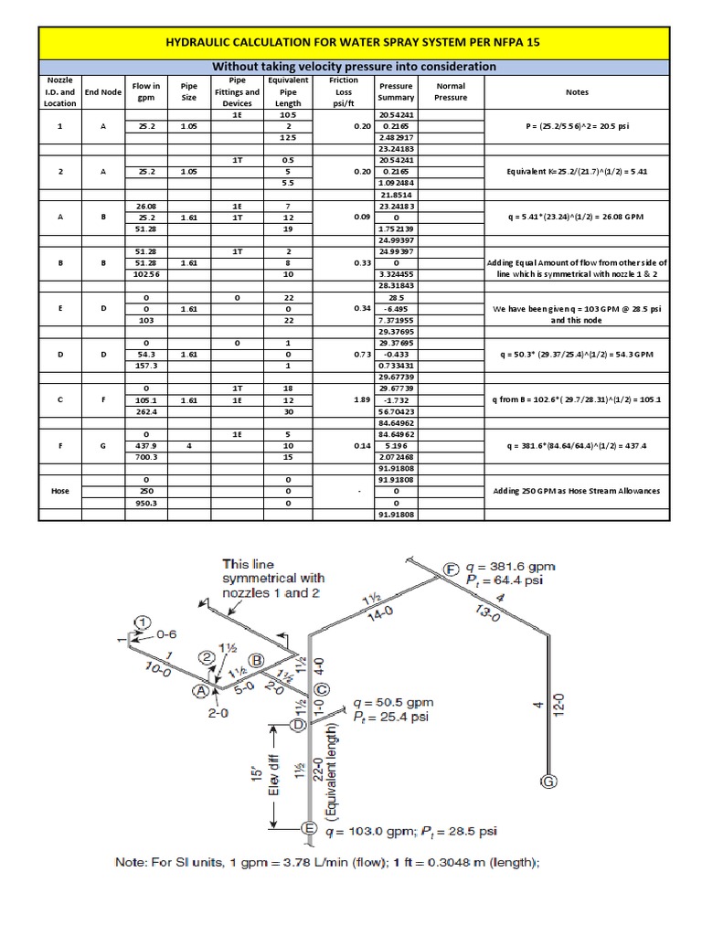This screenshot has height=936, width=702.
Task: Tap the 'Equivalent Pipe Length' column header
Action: [288, 91]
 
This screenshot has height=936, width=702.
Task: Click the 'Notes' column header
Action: [577, 91]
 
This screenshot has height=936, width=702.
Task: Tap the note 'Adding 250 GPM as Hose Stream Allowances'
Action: [577, 491]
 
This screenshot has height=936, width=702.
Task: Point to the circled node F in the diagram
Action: [452, 568]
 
